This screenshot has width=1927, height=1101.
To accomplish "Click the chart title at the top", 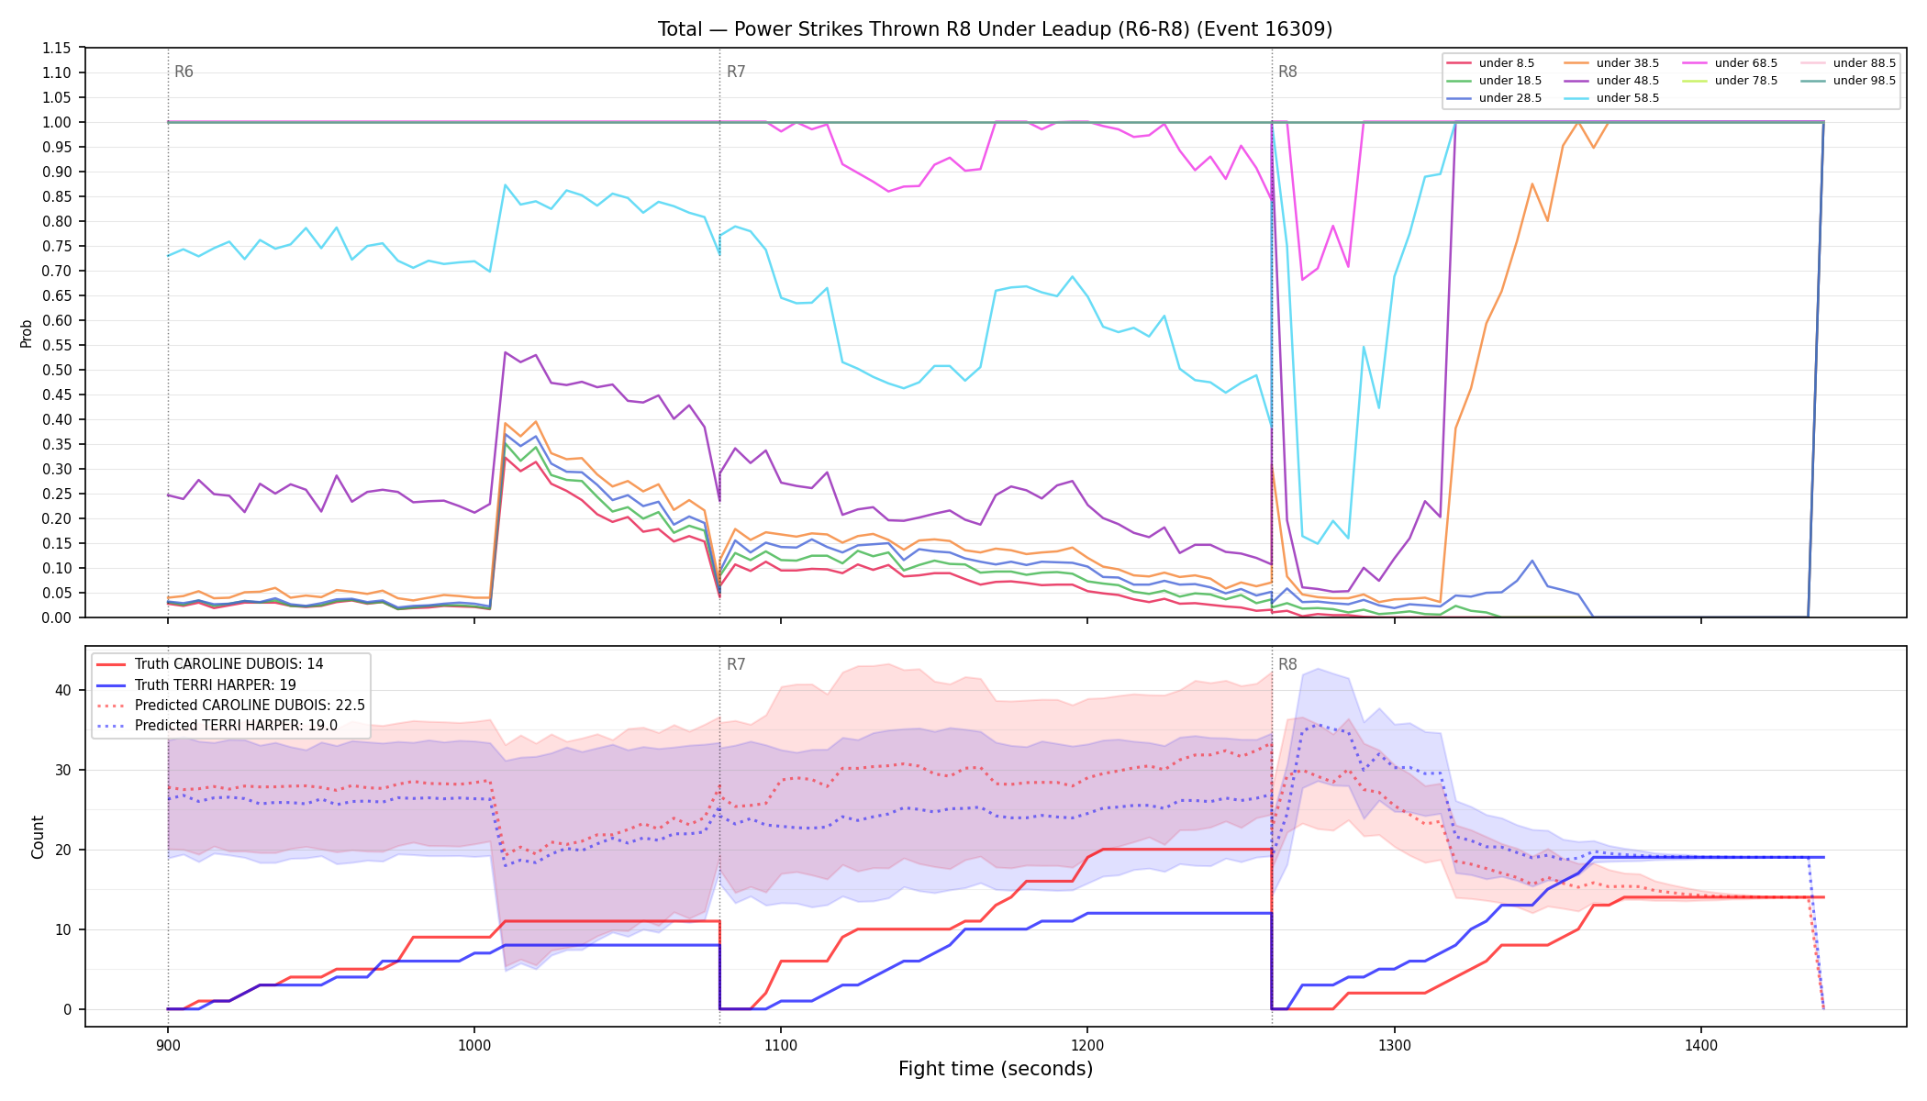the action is tap(995, 29).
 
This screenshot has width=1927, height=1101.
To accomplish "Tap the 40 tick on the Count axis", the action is tap(63, 690).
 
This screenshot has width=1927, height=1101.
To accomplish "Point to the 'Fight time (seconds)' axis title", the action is tap(996, 1069).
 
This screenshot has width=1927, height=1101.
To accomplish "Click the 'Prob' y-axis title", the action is tap(27, 333).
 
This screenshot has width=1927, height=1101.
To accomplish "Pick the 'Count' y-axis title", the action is tap(38, 837).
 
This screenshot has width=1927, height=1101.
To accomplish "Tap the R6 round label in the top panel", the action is tap(184, 72).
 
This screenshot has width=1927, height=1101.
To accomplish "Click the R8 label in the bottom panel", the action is tap(1287, 664).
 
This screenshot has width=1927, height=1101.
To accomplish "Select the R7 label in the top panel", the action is tap(736, 72).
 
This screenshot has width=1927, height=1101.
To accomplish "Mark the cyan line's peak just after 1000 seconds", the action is tap(505, 185).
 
